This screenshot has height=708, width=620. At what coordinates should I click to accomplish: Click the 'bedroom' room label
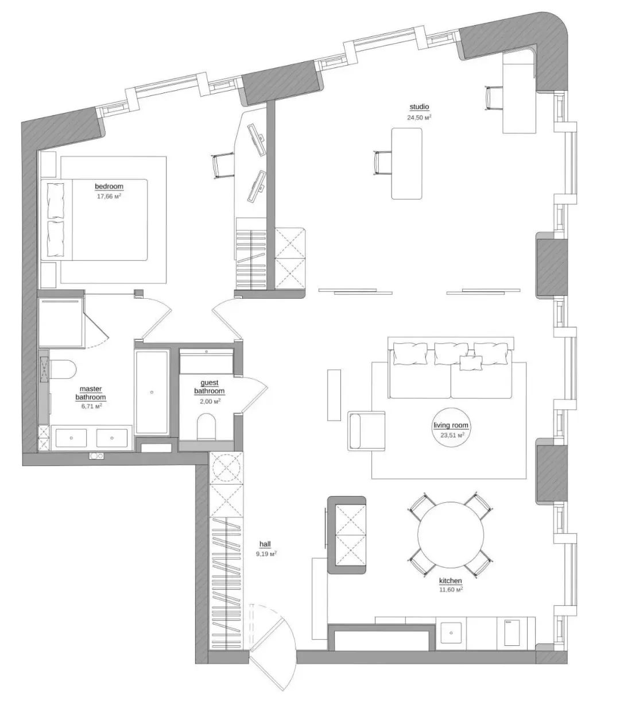109,186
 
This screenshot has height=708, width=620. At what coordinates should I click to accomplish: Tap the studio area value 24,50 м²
419,117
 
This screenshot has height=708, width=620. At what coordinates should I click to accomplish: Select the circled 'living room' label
451,425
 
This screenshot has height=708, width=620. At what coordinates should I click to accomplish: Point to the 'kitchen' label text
450,580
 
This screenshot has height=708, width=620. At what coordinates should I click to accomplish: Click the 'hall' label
265,544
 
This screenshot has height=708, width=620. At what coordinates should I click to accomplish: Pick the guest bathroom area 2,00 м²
210,402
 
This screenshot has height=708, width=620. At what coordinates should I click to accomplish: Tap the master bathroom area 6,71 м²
91,406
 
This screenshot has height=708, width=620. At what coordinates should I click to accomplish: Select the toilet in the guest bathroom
207,426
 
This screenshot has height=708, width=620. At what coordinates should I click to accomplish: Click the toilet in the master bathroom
63,369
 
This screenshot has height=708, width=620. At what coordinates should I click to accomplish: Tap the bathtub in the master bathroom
152,393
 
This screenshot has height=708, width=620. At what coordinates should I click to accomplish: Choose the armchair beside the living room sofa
367,430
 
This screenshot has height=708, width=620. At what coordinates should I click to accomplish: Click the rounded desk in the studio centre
406,163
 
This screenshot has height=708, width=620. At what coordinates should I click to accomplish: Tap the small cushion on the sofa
471,363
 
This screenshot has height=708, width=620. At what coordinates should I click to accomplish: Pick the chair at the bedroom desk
223,166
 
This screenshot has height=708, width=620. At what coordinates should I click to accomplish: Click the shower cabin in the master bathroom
61,322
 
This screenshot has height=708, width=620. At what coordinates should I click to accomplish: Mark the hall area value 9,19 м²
266,553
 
